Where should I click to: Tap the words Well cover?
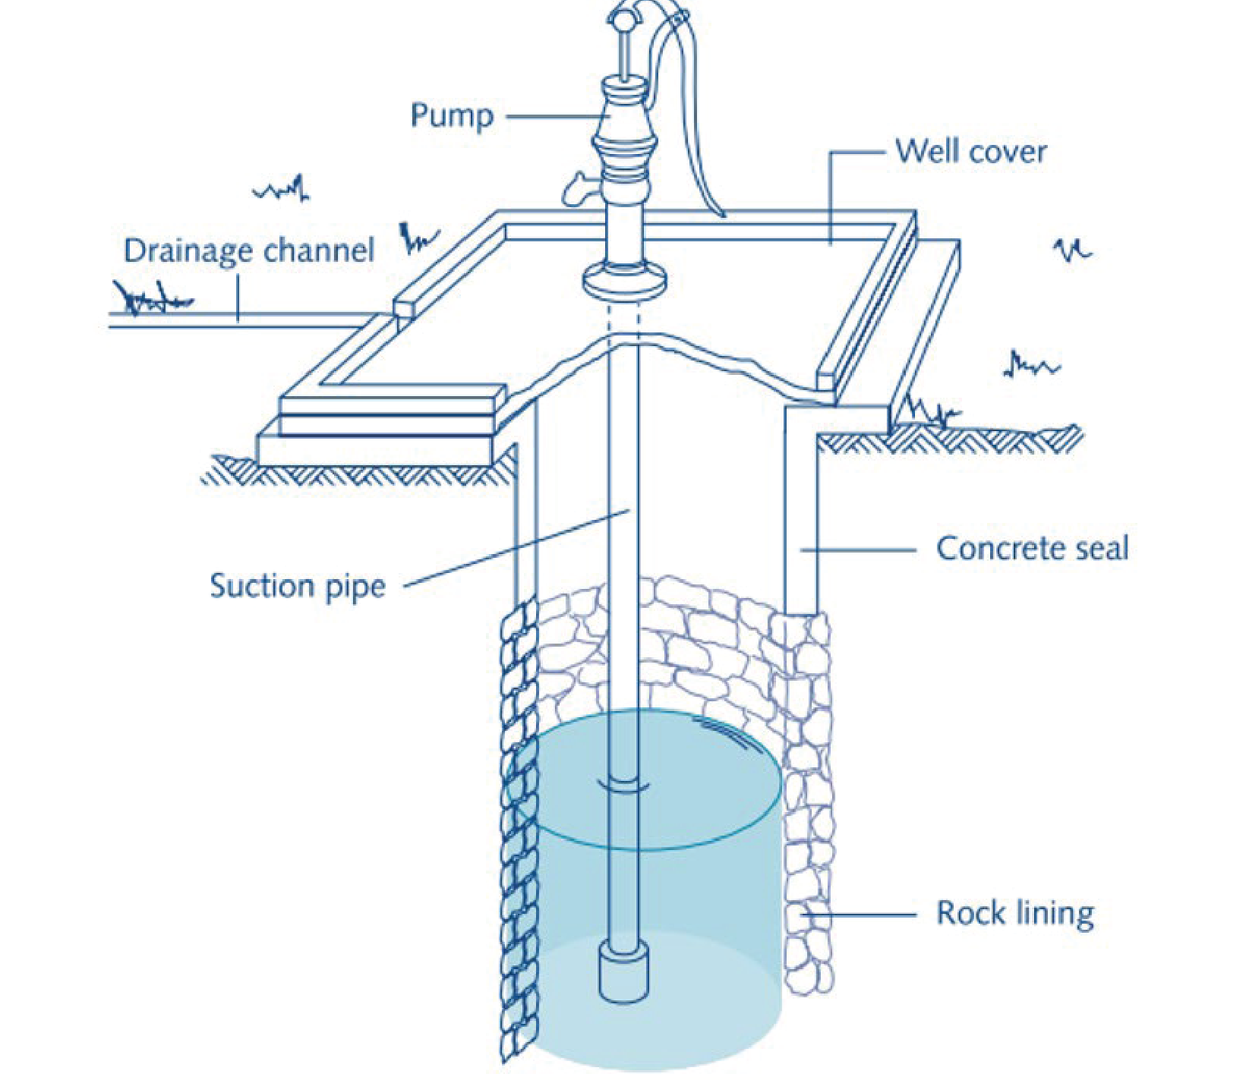tap(971, 151)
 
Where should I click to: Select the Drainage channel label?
tap(249, 251)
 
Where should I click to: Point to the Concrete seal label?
tap(1033, 548)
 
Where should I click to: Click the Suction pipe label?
tap(298, 587)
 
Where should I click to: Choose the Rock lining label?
tap(1015, 913)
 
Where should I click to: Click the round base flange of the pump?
tap(626, 279)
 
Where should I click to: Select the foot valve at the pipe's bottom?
tap(623, 974)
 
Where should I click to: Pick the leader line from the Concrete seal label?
tap(858, 549)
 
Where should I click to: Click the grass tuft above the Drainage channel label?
tap(282, 187)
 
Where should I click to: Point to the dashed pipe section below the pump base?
tap(623, 319)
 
